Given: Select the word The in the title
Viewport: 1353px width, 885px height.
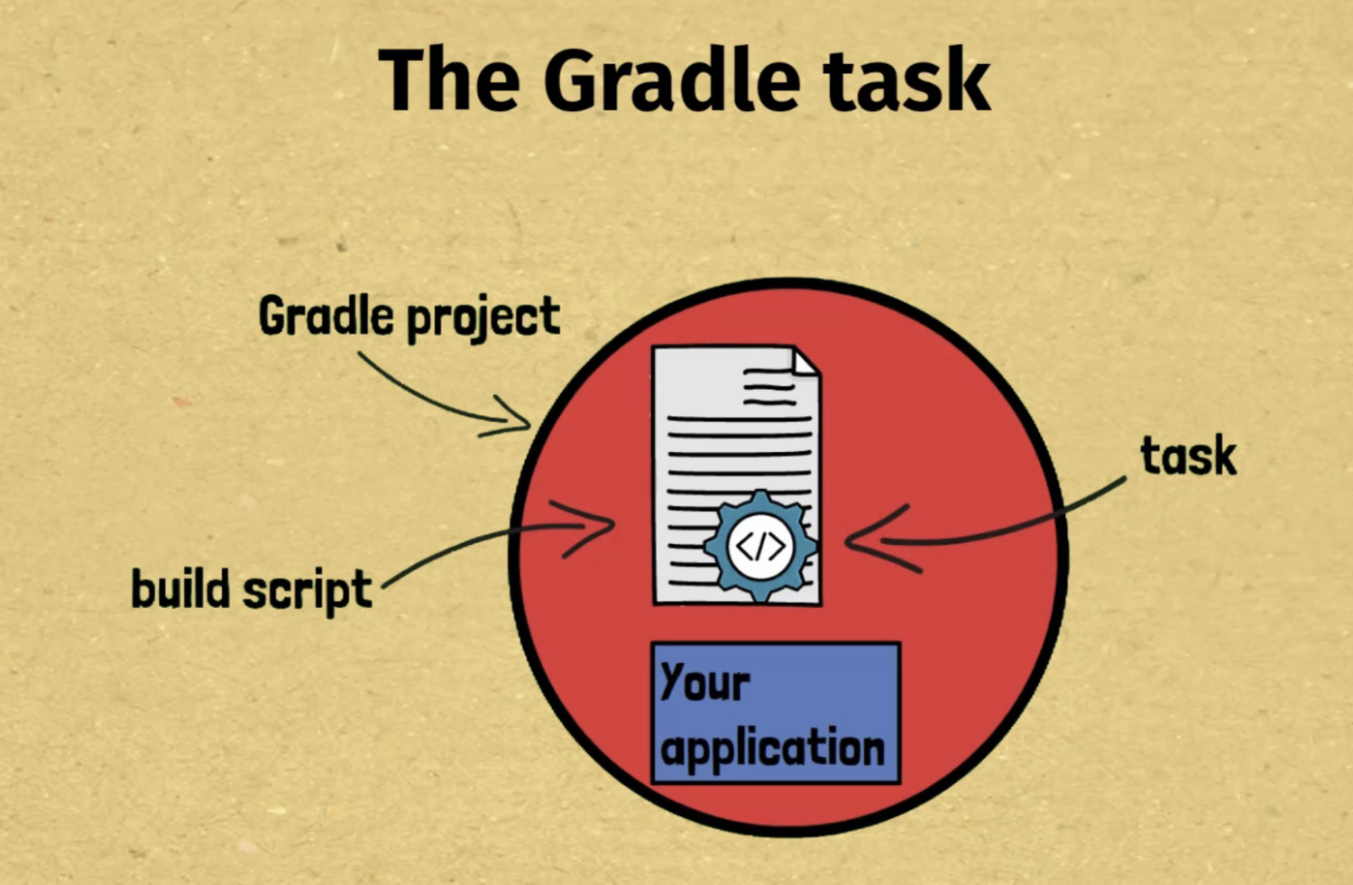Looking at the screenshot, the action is pos(449,79).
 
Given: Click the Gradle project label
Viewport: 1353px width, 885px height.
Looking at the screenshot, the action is pos(410,318).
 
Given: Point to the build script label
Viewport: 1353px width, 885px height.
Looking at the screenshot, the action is pos(252,590).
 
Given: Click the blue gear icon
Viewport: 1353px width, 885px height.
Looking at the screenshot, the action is pos(760,546).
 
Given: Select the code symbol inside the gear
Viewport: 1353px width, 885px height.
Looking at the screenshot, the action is pos(760,546).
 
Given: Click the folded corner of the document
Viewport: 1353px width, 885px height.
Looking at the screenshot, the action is pos(805,362).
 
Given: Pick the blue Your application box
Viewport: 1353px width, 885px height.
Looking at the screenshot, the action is pos(776,713).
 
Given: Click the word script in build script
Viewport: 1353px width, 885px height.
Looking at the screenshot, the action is pos(308,592).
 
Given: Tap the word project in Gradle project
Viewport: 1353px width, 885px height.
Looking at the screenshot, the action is pos(483,319).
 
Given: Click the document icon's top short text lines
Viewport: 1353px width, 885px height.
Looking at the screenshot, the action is pos(769,387).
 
